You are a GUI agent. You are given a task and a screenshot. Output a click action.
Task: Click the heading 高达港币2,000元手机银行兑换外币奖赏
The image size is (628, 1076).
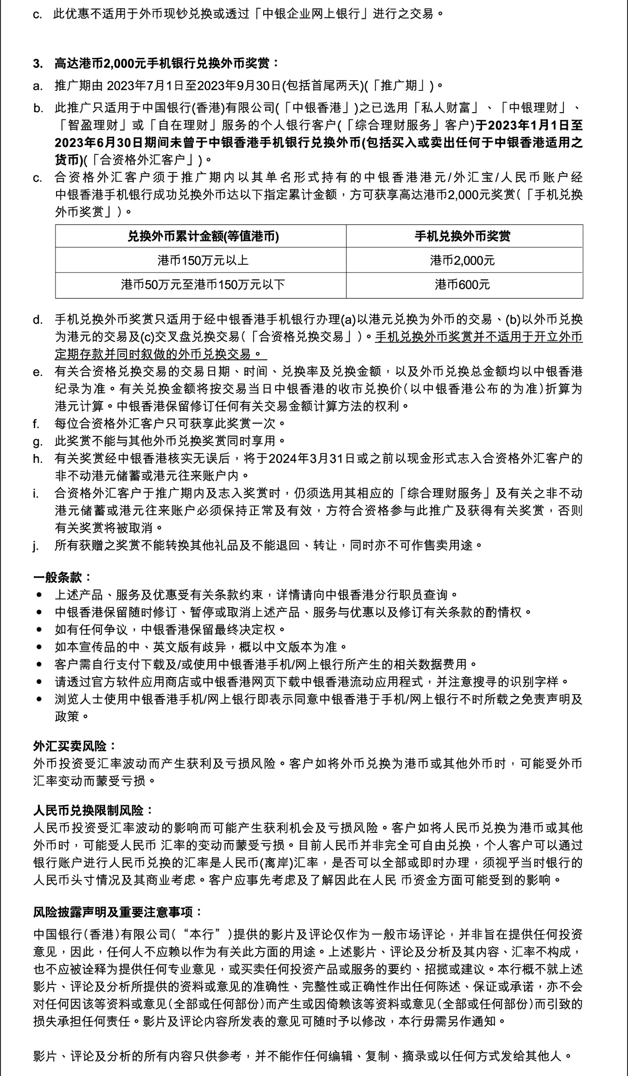coord(166,63)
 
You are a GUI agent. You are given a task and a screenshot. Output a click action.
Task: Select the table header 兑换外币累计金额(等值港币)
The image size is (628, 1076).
coord(203,236)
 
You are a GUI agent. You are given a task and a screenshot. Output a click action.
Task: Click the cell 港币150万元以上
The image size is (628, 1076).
coord(203,261)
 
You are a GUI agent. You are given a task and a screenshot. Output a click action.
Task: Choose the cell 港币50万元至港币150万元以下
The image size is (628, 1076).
coord(203,285)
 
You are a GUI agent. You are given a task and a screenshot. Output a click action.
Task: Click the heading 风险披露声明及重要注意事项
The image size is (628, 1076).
coord(117,912)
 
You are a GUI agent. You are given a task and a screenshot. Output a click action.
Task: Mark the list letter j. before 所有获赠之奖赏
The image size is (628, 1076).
coord(35,546)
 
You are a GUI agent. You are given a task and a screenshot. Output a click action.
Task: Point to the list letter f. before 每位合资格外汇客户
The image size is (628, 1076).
coord(36,424)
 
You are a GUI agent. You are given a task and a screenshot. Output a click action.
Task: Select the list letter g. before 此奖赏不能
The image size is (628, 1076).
coord(37,441)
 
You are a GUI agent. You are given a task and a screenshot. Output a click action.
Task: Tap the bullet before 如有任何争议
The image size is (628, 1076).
coord(39,630)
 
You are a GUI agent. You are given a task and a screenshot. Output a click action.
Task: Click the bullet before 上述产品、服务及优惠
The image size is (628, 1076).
coord(39,595)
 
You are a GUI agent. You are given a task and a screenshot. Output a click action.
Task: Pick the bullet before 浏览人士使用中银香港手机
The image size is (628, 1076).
coord(39,699)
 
